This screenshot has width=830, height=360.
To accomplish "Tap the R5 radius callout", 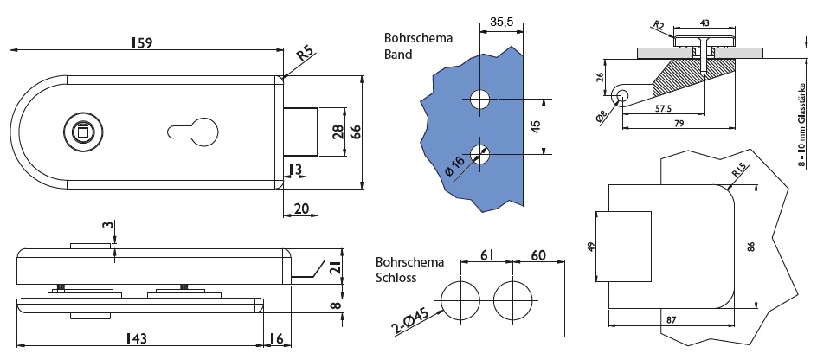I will click(x=304, y=57).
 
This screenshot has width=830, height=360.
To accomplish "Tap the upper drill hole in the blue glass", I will click(x=479, y=99).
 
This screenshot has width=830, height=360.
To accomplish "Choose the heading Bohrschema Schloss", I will click(x=409, y=270).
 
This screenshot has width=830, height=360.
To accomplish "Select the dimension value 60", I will click(x=537, y=255).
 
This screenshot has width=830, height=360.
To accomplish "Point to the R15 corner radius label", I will click(x=737, y=172).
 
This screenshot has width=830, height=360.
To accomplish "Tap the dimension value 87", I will click(x=671, y=319).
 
